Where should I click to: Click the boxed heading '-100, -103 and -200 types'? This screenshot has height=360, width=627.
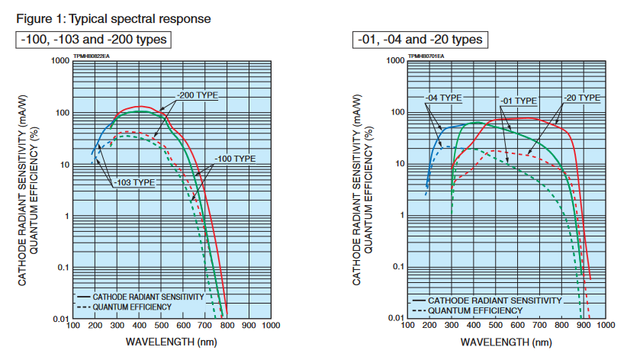(x=92, y=39)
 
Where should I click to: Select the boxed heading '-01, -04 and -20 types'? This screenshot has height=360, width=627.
(x=419, y=39)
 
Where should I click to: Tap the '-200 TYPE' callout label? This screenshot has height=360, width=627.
(x=198, y=95)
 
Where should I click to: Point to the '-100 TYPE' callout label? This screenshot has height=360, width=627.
(x=234, y=158)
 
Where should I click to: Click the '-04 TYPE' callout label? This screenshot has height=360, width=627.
(x=443, y=98)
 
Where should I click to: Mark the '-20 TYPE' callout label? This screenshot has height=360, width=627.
(x=582, y=98)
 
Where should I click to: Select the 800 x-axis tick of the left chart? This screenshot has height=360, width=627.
(x=227, y=326)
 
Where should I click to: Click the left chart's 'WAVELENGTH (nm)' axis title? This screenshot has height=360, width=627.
(x=171, y=340)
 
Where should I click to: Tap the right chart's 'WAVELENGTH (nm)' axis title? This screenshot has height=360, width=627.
(x=505, y=340)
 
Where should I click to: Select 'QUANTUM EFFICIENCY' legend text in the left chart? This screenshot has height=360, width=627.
(x=132, y=307)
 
